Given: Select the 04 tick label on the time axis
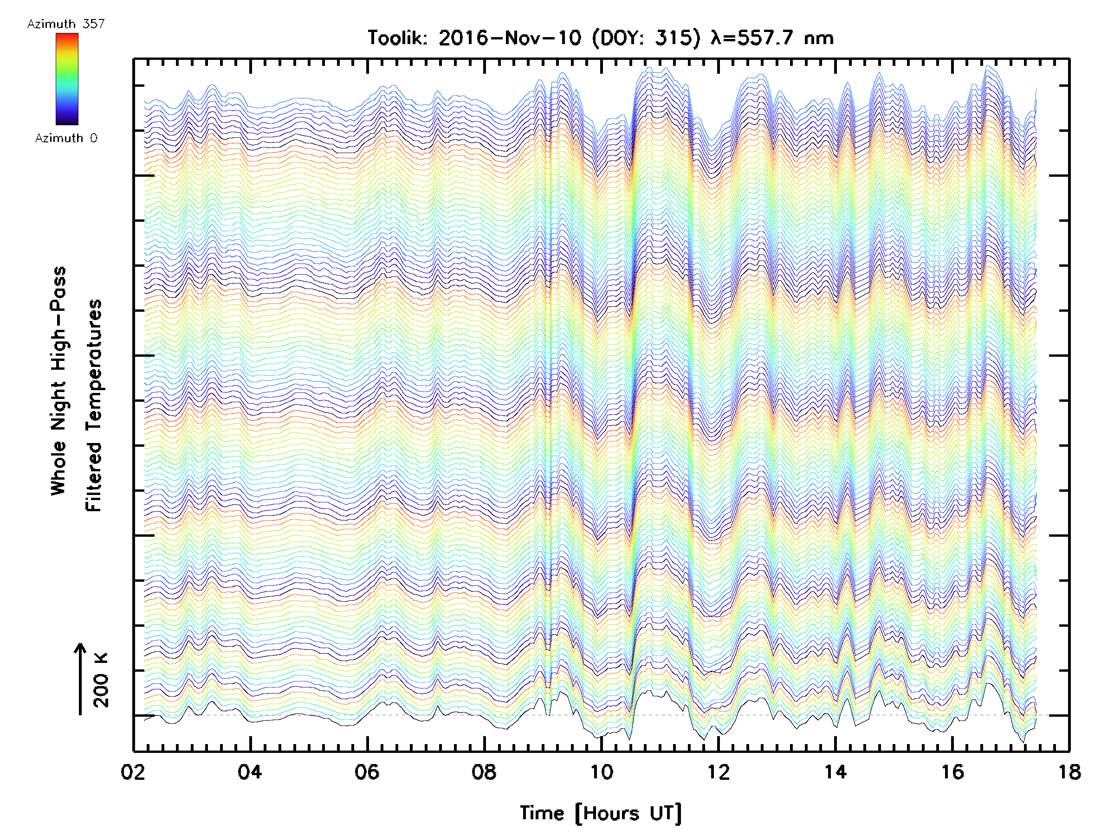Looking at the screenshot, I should tap(250, 771).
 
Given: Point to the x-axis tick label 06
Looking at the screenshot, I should tap(367, 771).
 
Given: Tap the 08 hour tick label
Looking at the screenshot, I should tap(484, 771).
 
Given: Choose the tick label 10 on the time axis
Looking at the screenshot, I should tap(601, 771).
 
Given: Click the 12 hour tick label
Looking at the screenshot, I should tap(718, 771).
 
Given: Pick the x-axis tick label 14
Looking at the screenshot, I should tap(835, 771).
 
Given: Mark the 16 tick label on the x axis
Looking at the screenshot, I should tap(952, 771).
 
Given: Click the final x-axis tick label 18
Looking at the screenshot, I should tap(1069, 771).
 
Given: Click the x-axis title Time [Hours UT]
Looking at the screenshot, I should tap(600, 813).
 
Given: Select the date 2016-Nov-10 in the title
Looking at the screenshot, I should tap(510, 38).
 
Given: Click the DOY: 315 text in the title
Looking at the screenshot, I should tap(646, 38).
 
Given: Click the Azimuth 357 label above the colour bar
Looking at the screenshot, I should tap(66, 24).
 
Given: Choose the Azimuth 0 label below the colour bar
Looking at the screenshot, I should tap(66, 138).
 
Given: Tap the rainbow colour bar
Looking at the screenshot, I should tap(67, 78).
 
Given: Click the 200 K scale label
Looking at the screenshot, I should tap(101, 680).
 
